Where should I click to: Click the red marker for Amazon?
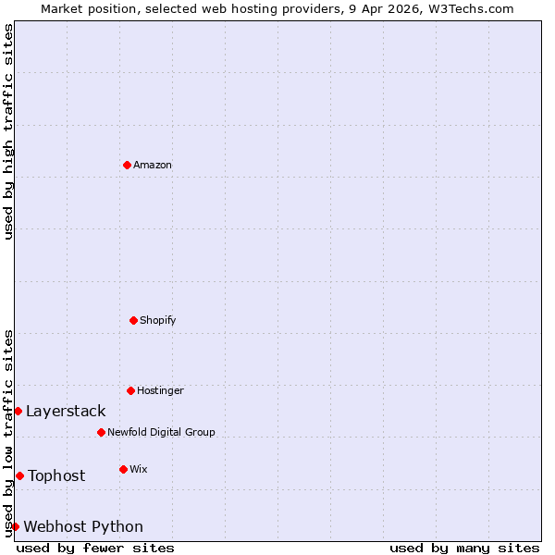click(x=127, y=165)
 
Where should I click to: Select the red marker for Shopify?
click(x=133, y=320)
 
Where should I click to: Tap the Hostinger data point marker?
click(x=130, y=390)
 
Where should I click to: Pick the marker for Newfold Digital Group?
click(x=101, y=432)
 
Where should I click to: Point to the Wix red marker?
click(x=123, y=469)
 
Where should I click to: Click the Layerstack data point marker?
click(x=18, y=411)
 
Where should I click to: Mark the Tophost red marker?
click(x=19, y=475)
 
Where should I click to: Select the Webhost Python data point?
click(x=15, y=526)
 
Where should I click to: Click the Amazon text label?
click(x=153, y=165)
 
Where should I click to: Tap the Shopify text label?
click(x=158, y=320)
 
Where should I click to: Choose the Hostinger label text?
click(x=161, y=390)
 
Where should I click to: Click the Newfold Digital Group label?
click(x=161, y=432)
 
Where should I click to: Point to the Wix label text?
click(x=139, y=469)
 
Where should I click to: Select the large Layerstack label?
click(x=66, y=411)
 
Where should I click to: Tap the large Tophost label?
click(x=56, y=475)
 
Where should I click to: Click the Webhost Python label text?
click(x=83, y=526)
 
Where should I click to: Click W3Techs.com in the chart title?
click(x=476, y=8)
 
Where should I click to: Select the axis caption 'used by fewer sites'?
click(x=95, y=548)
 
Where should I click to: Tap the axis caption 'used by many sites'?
click(x=464, y=548)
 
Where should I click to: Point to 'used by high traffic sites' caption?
click(x=8, y=131)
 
